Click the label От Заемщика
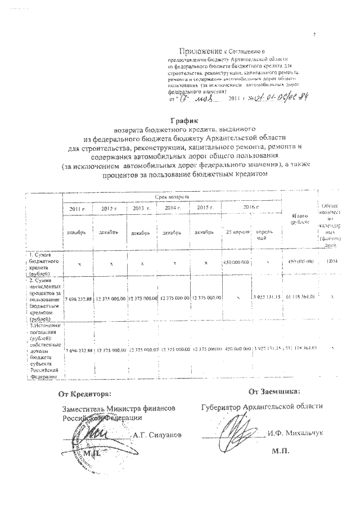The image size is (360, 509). [274, 390]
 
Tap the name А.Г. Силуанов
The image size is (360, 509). [157, 435]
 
